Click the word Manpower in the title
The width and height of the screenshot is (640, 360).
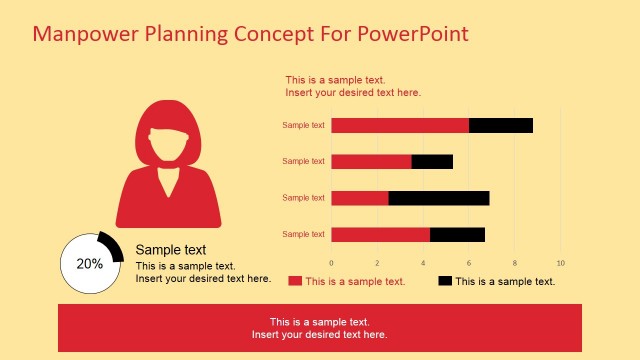click(86, 34)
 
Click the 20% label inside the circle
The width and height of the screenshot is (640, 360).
click(90, 264)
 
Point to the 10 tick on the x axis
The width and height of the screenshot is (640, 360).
click(560, 263)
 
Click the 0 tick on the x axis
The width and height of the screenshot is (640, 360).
click(331, 263)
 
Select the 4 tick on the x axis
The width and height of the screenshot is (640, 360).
click(423, 263)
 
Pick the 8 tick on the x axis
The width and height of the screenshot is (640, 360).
click(515, 263)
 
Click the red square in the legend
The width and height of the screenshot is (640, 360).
click(295, 281)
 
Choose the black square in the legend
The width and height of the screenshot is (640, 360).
click(445, 281)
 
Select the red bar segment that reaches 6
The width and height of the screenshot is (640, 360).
click(400, 125)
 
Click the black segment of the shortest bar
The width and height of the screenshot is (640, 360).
click(432, 161)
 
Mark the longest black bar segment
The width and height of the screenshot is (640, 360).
click(439, 198)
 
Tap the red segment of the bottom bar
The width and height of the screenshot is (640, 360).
click(380, 234)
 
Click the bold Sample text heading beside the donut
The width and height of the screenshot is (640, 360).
click(171, 250)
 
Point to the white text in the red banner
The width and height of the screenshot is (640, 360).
click(320, 328)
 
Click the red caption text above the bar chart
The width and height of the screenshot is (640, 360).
click(352, 86)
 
